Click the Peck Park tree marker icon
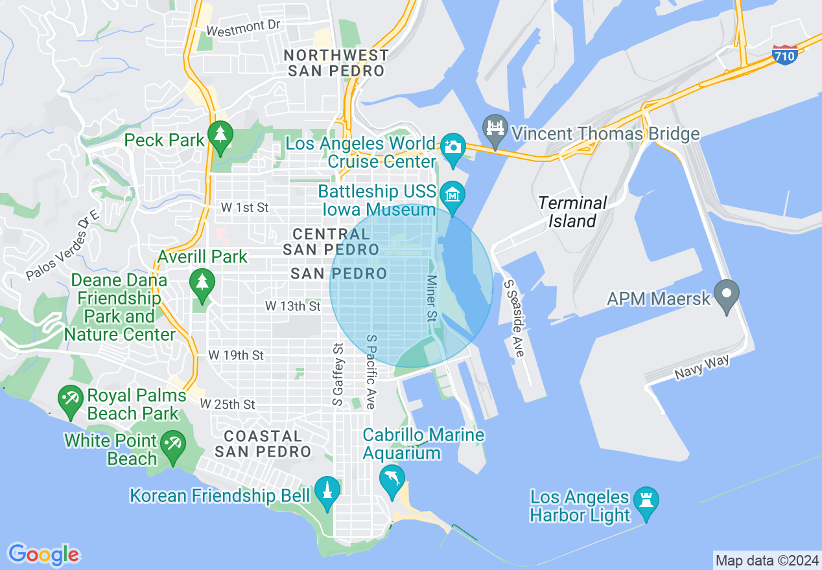[x=221, y=135]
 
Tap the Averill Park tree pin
[x=202, y=282]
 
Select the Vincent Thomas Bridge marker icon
[x=496, y=128]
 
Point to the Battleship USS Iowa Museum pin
[x=452, y=194]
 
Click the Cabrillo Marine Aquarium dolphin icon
[x=392, y=480]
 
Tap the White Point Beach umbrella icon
[x=173, y=445]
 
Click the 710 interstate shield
[x=784, y=56]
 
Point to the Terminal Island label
[x=573, y=212]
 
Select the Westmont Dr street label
[x=242, y=27]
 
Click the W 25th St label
[x=228, y=404]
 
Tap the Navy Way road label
[x=702, y=368]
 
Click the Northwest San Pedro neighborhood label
[x=337, y=63]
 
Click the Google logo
[x=43, y=554]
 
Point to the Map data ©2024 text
[x=767, y=560]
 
